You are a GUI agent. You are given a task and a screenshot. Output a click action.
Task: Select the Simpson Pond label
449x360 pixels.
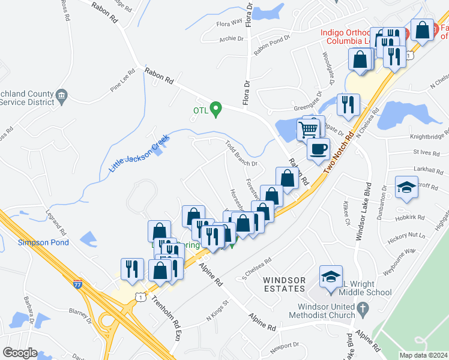coord(43,242)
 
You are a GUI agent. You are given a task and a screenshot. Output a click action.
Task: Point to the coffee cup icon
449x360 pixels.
coord(318,149)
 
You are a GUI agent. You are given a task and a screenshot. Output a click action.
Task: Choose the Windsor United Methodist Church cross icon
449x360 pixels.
coord(362,308)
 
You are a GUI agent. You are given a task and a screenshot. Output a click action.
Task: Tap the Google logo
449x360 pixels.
coord(20,353)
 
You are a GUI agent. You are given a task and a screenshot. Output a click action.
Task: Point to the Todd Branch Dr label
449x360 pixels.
coord(241,154)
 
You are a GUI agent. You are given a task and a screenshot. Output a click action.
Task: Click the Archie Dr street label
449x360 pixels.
coord(232,39)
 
